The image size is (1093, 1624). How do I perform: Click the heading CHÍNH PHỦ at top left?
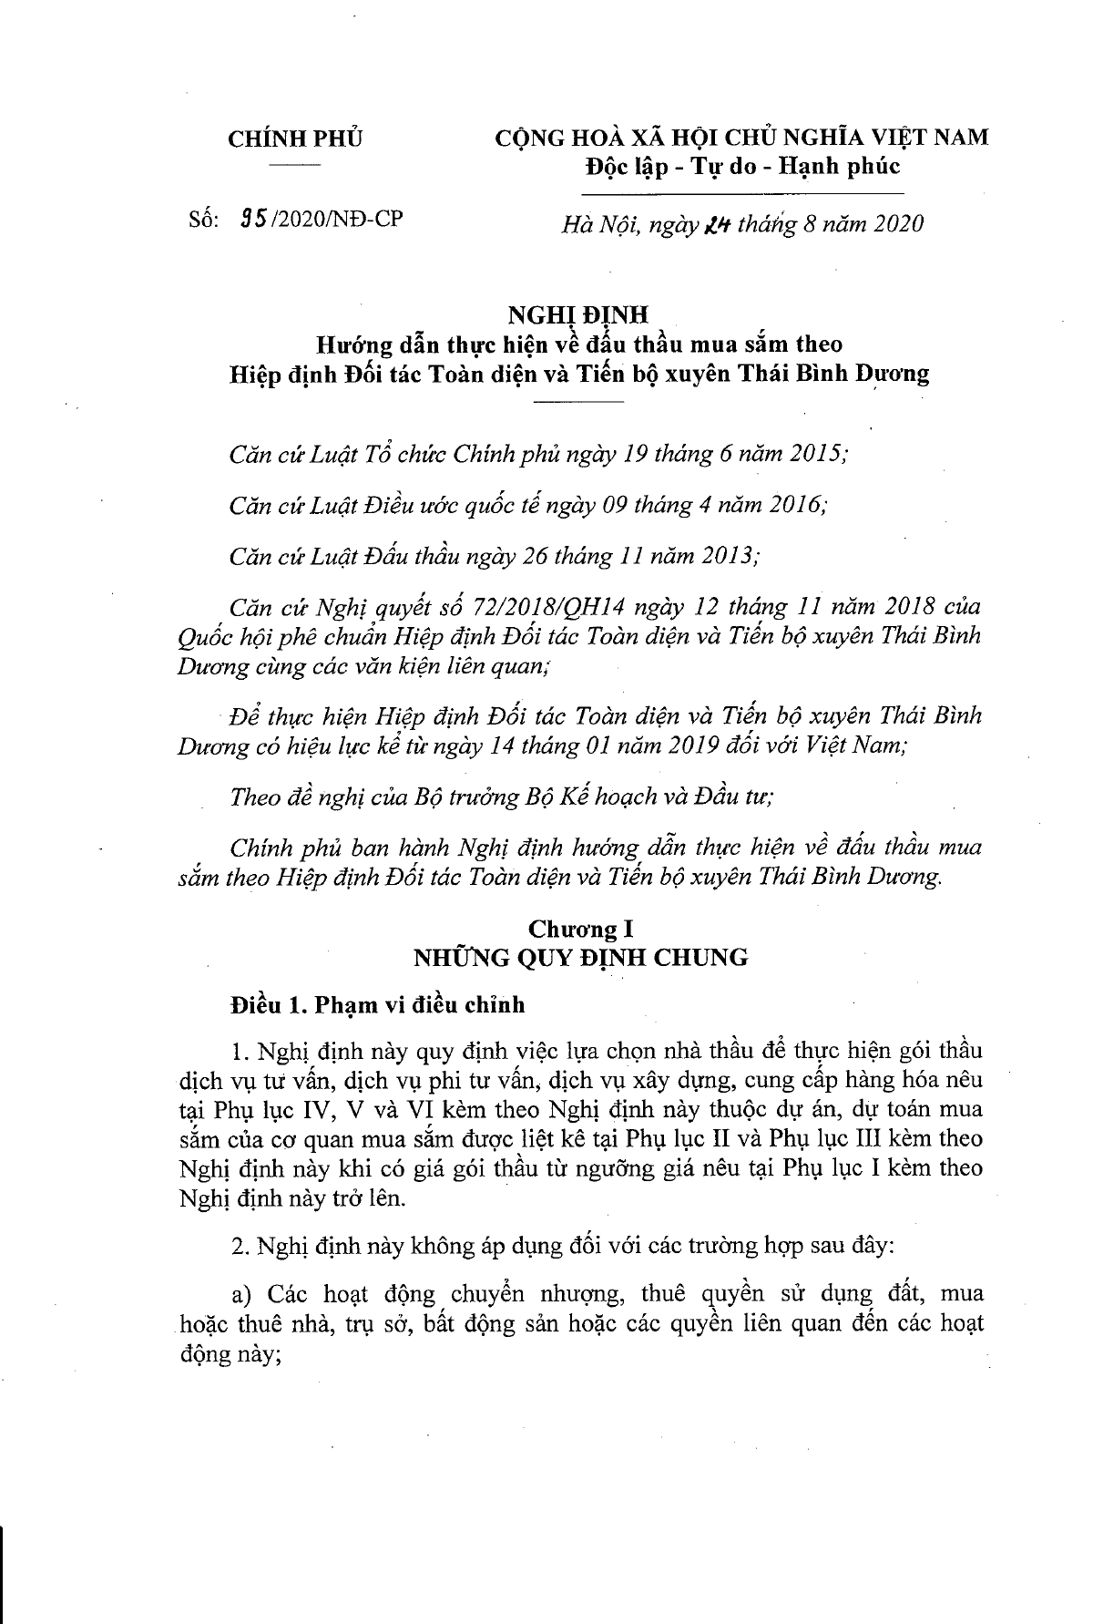coord(294,139)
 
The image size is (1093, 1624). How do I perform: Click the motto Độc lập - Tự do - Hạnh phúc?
coord(741,166)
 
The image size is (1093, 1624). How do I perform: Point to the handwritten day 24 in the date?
coord(706,223)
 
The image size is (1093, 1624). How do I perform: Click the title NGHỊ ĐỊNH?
coord(577,315)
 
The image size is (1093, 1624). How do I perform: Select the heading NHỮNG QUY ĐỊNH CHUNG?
coord(581,957)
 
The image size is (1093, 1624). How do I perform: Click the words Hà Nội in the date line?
coord(592,223)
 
